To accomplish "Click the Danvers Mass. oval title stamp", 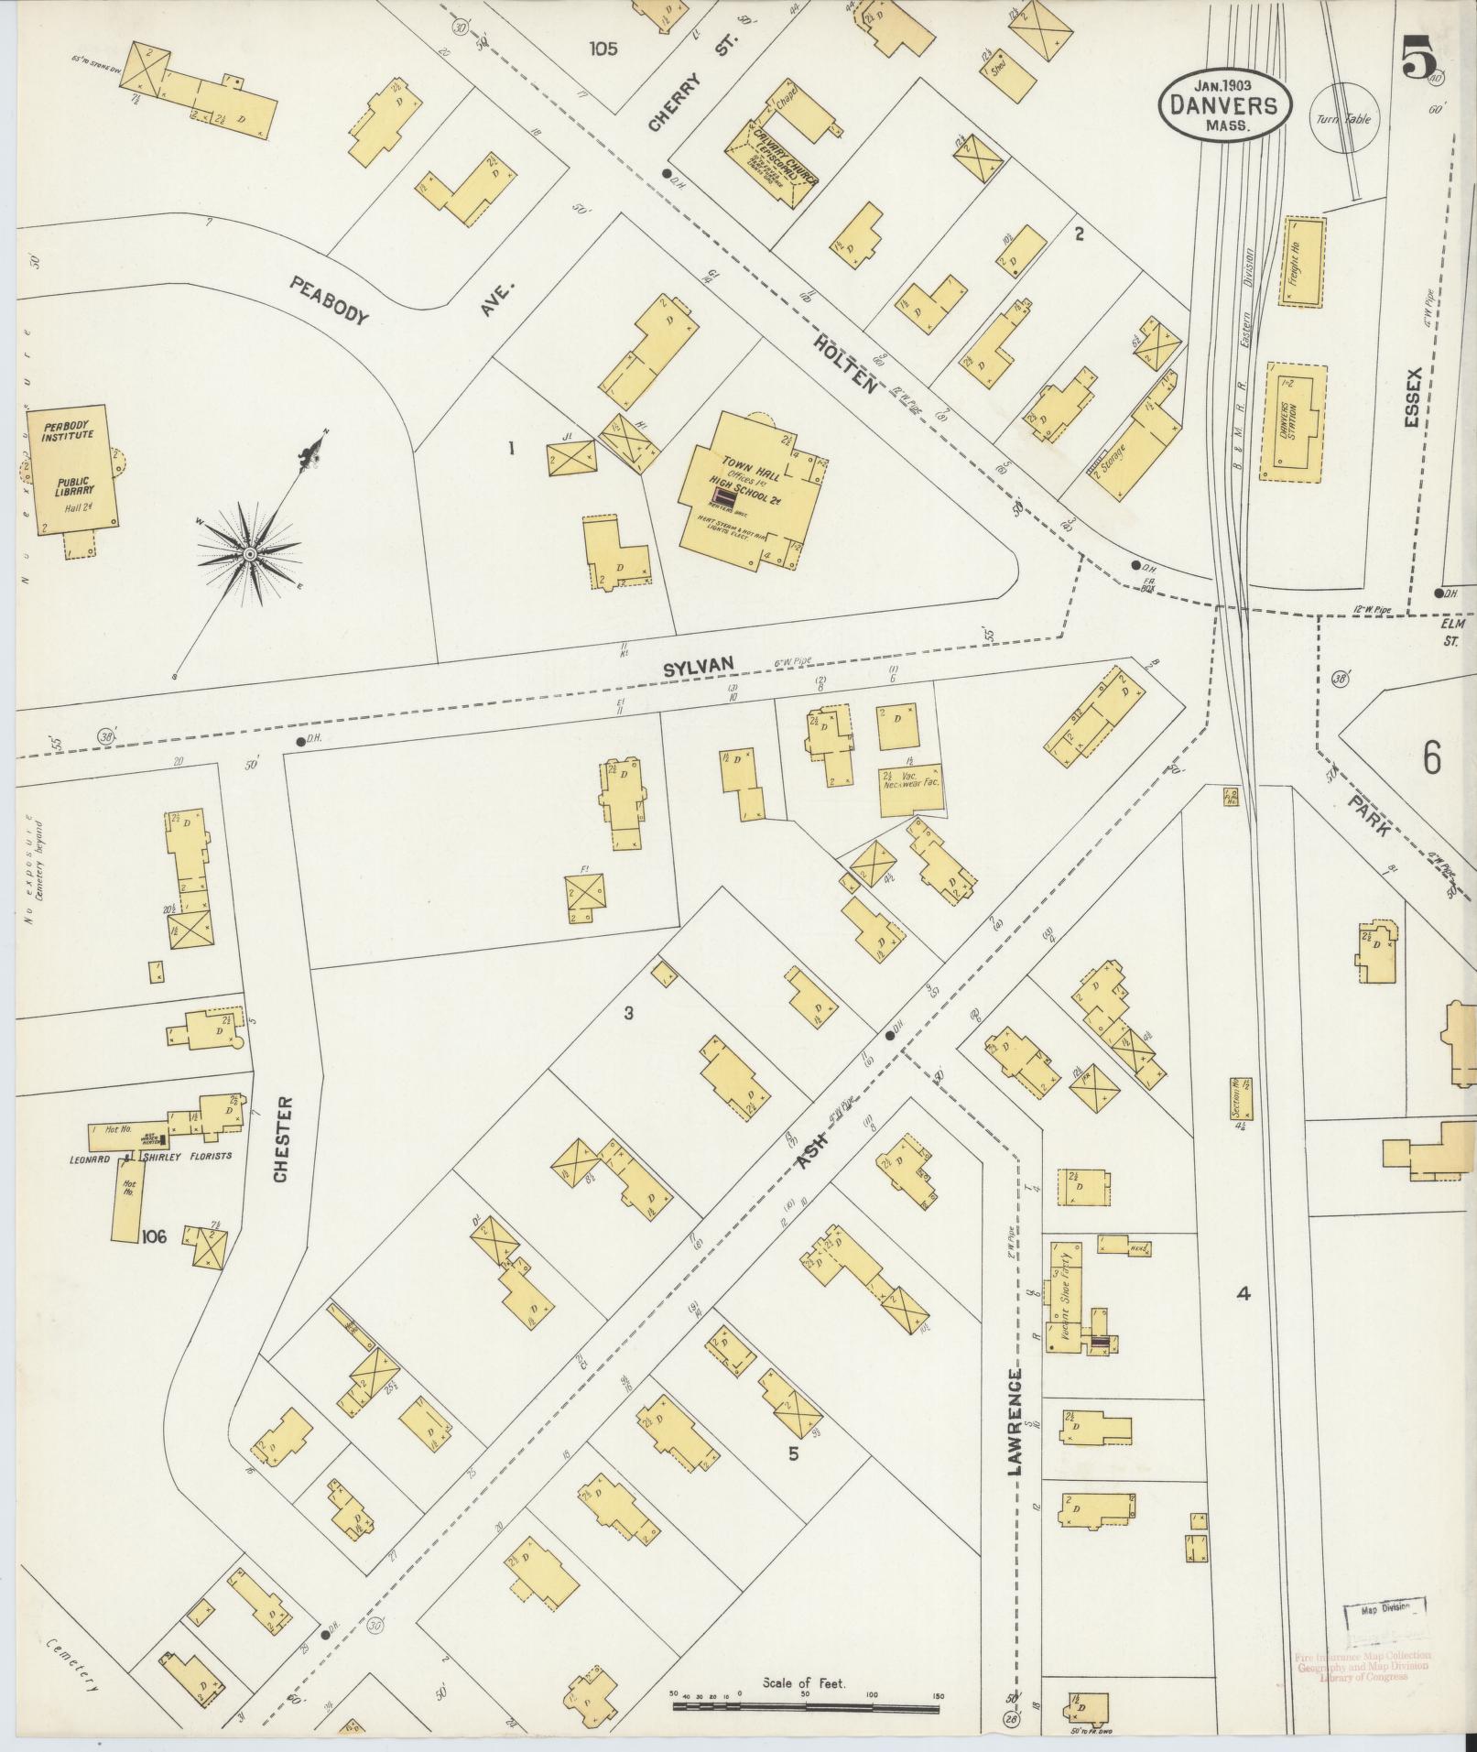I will (1226, 105).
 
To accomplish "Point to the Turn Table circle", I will (1344, 118).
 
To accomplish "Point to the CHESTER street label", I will (282, 1139).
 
